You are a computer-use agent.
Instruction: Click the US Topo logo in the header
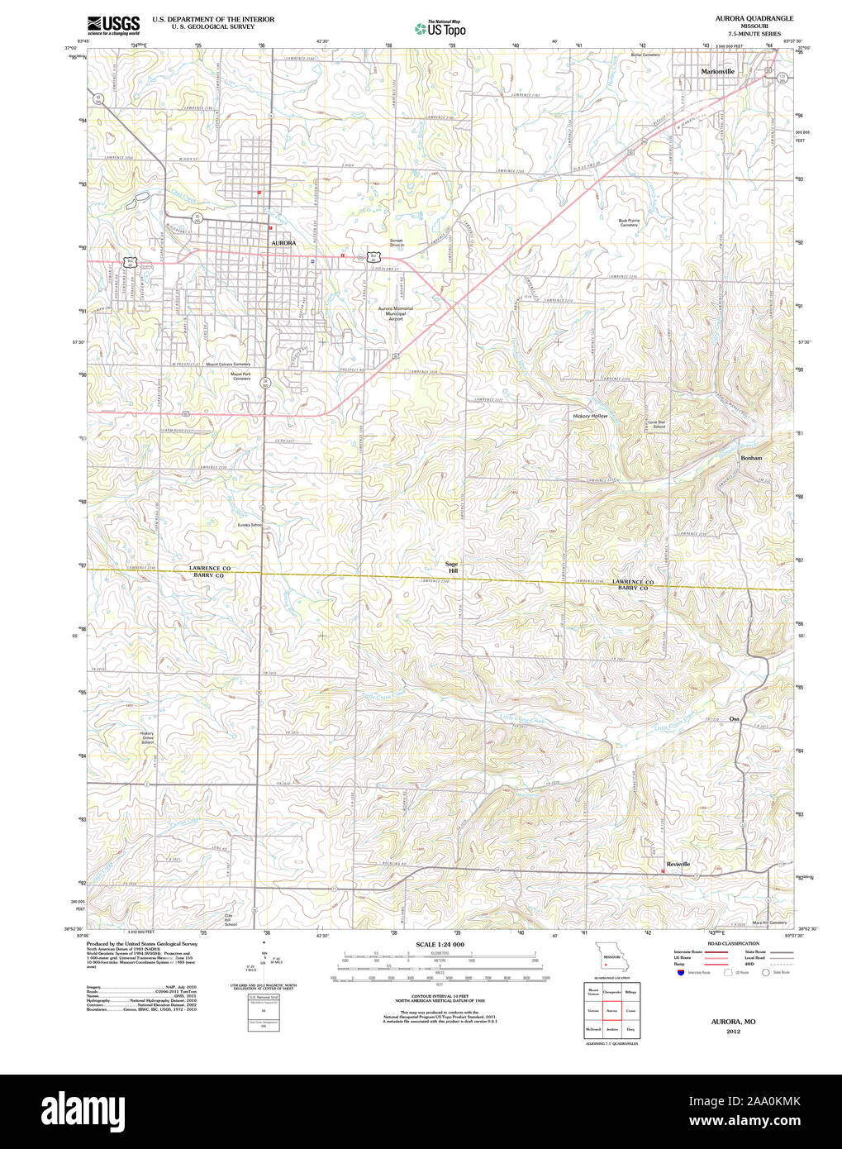pyautogui.click(x=440, y=28)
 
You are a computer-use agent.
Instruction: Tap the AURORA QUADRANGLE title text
pyautogui.click(x=743, y=18)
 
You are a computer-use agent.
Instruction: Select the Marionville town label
pyautogui.click(x=717, y=72)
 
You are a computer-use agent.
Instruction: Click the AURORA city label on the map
pyautogui.click(x=283, y=243)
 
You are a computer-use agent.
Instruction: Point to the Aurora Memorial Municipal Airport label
pyautogui.click(x=396, y=313)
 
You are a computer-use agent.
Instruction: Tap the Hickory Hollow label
pyautogui.click(x=590, y=416)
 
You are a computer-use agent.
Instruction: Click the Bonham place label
pyautogui.click(x=751, y=457)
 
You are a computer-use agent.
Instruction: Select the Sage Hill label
pyautogui.click(x=453, y=567)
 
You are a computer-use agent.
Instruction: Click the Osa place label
pyautogui.click(x=734, y=718)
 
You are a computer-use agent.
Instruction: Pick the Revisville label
pyautogui.click(x=678, y=864)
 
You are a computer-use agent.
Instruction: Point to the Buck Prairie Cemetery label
pyautogui.click(x=630, y=222)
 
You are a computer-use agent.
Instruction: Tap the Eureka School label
pyautogui.click(x=250, y=525)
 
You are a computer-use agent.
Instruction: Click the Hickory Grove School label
pyautogui.click(x=147, y=737)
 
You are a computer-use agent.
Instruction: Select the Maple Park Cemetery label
pyautogui.click(x=241, y=375)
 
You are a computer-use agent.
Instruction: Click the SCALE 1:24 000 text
pyautogui.click(x=440, y=945)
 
